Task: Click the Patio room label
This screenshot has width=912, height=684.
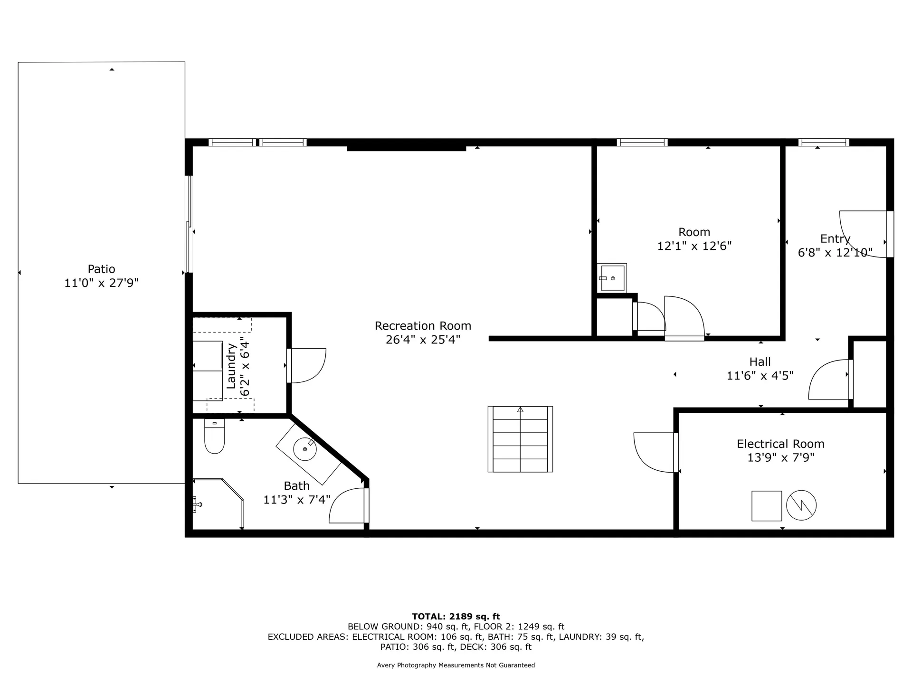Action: tap(101, 269)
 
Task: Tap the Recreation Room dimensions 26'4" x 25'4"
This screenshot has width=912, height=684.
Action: tap(423, 340)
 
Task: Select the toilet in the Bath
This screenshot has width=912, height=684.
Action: tap(214, 437)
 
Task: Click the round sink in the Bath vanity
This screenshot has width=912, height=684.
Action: tap(304, 449)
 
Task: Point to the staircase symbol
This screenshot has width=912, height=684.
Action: tap(520, 439)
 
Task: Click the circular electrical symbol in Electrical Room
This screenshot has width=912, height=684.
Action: tap(801, 505)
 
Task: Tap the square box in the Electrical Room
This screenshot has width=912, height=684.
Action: tap(766, 506)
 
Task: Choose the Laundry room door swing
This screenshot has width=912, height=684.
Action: tap(307, 365)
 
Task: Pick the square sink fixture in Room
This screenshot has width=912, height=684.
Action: tap(612, 278)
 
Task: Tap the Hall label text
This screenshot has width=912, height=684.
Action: tap(760, 362)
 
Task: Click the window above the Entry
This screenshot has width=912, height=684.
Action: tap(824, 142)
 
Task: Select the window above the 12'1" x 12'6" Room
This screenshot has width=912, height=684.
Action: tap(642, 142)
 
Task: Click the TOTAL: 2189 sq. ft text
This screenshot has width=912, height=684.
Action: tap(456, 617)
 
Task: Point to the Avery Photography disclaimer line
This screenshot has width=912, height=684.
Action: tap(456, 665)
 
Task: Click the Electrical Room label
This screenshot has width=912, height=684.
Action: tap(780, 444)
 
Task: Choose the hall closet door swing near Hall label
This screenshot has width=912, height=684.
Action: tap(829, 380)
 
